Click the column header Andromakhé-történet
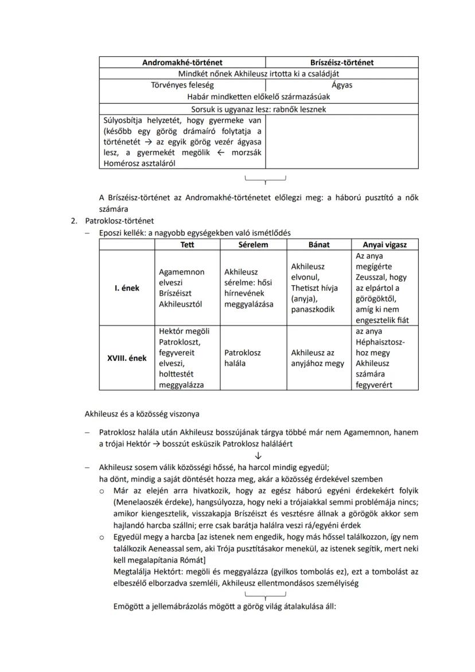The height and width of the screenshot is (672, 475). [x=182, y=63]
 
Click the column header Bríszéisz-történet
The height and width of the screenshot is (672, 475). [x=342, y=63]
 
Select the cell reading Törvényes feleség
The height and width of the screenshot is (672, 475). [x=182, y=85]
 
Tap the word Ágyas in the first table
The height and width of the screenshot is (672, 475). [x=342, y=85]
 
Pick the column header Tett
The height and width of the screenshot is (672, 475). [x=187, y=244]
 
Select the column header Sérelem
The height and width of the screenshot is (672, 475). [x=253, y=244]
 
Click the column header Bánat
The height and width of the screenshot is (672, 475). [x=319, y=244]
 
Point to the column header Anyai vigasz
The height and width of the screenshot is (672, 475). [x=385, y=244]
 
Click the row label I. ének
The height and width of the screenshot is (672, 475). [x=127, y=288]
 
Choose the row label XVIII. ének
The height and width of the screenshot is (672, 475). [x=127, y=358]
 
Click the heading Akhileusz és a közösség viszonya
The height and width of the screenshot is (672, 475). [x=142, y=413]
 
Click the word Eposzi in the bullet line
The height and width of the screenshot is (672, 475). [x=110, y=233]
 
